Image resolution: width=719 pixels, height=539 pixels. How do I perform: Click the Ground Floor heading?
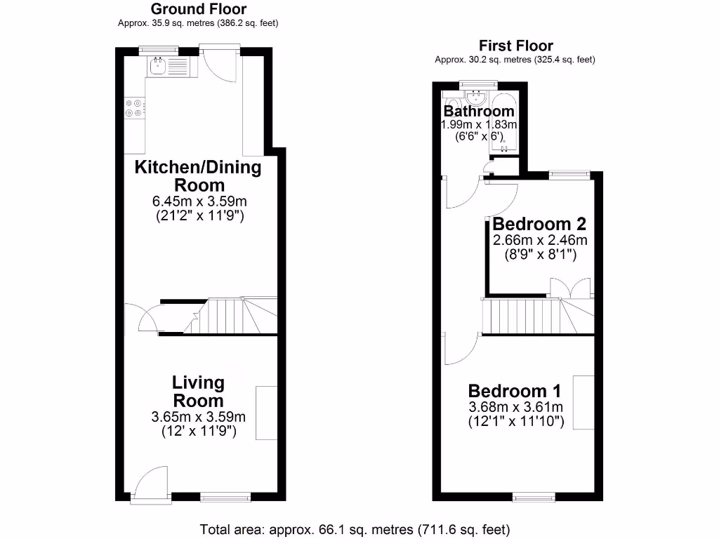pyautogui.click(x=199, y=9)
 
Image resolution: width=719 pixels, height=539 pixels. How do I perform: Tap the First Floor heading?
pyautogui.click(x=515, y=46)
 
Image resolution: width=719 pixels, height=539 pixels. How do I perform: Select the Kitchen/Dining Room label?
pyautogui.click(x=198, y=176)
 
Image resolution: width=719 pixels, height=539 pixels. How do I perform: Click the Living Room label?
pyautogui.click(x=199, y=392)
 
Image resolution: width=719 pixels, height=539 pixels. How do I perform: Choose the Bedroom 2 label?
pyautogui.click(x=539, y=225)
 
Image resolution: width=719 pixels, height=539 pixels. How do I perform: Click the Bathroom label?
pyautogui.click(x=480, y=112)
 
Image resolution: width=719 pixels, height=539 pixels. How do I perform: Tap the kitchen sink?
pyautogui.click(x=157, y=67)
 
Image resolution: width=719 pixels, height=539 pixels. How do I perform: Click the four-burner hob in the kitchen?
pyautogui.click(x=134, y=107)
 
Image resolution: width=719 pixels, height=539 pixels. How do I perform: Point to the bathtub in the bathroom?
pyautogui.click(x=503, y=123)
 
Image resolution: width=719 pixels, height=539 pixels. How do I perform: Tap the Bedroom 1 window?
pyautogui.click(x=534, y=498)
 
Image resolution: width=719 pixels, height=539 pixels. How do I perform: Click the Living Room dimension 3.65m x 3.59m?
pyautogui.click(x=199, y=417)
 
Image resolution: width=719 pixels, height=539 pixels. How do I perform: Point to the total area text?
pyautogui.click(x=355, y=528)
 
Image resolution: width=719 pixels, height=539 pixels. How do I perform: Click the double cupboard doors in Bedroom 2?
pyautogui.click(x=570, y=288)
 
